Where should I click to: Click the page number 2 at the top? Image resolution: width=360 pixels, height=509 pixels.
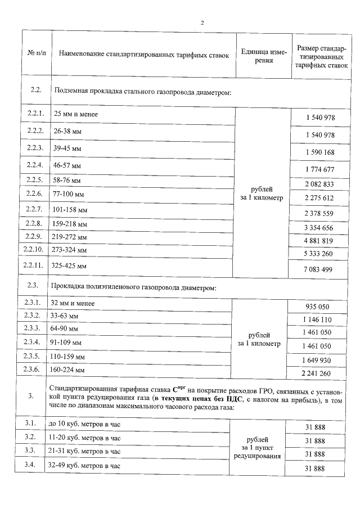[x=201, y=22]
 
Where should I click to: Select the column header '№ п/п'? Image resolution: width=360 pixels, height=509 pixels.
[x=36, y=55]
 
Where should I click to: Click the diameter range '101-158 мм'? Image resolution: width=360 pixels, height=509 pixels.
[x=70, y=210]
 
